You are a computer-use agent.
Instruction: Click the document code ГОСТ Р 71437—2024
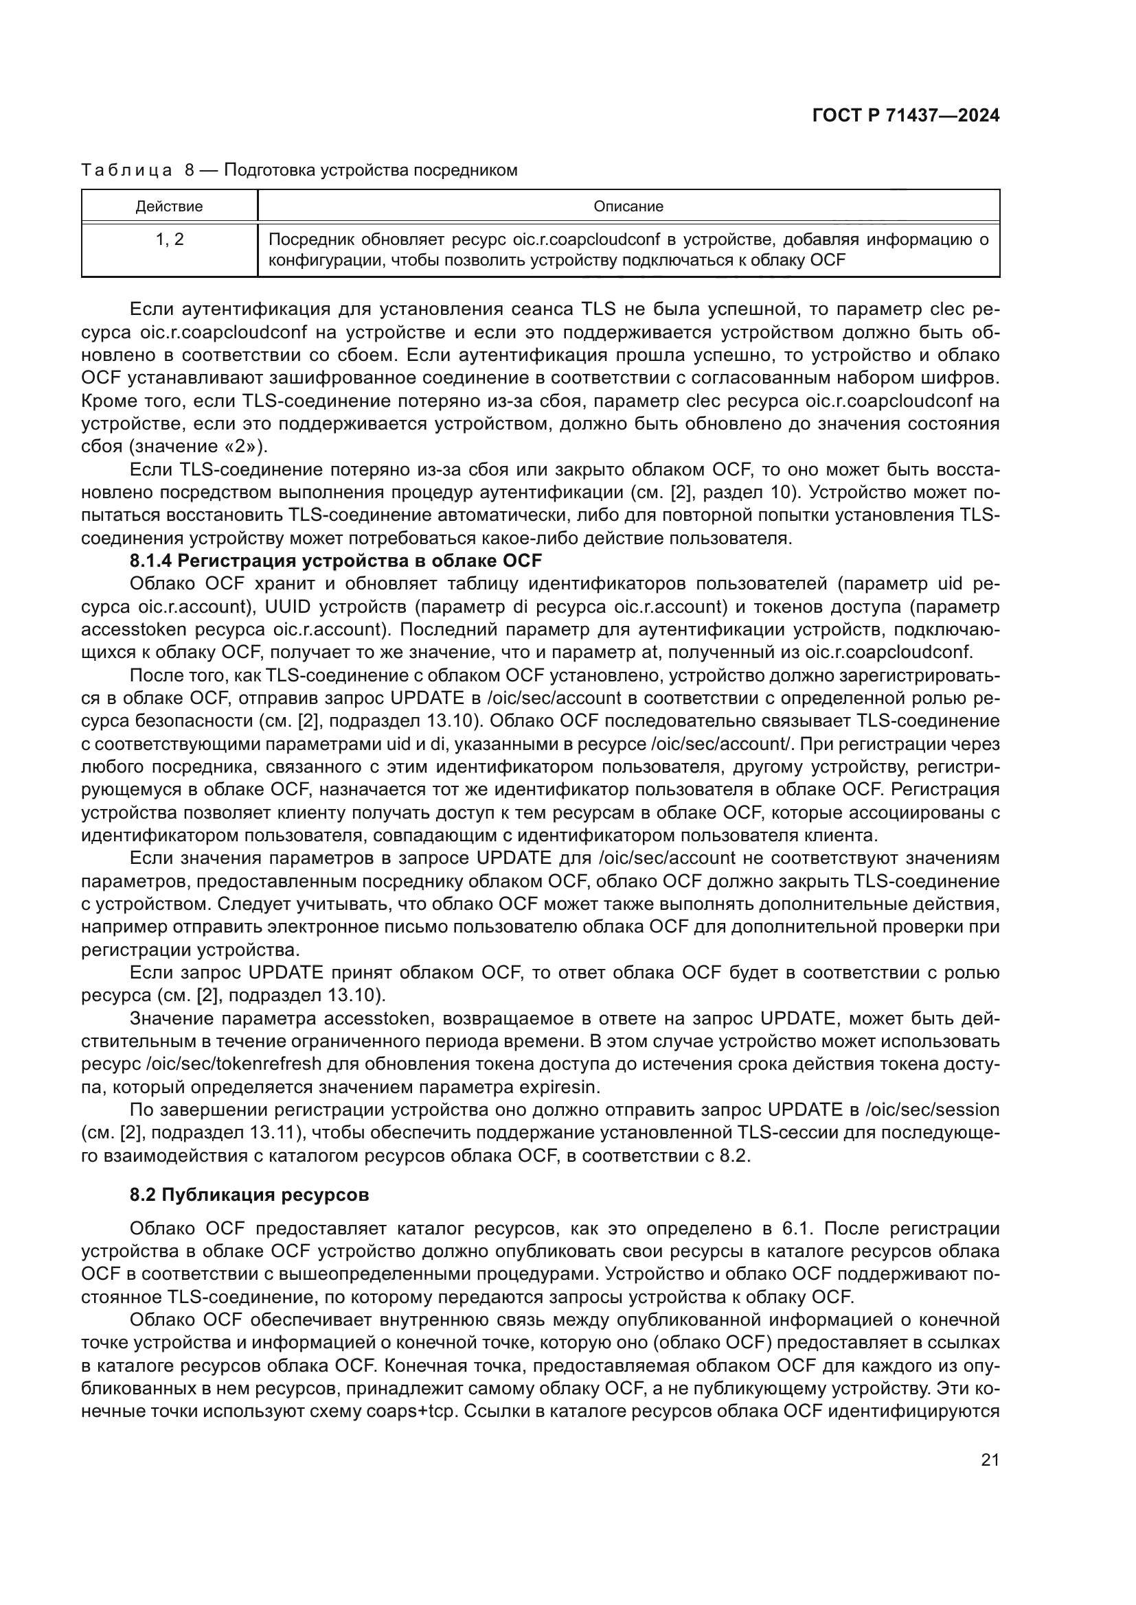click(906, 116)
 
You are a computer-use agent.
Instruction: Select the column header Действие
click(169, 207)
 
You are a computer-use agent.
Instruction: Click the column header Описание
click(628, 207)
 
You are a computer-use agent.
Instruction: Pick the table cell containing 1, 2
click(169, 239)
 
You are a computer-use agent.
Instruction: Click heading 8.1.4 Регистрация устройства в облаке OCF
click(336, 561)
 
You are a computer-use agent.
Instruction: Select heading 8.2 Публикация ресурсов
click(249, 1195)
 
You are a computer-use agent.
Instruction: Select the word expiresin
click(560, 1088)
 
